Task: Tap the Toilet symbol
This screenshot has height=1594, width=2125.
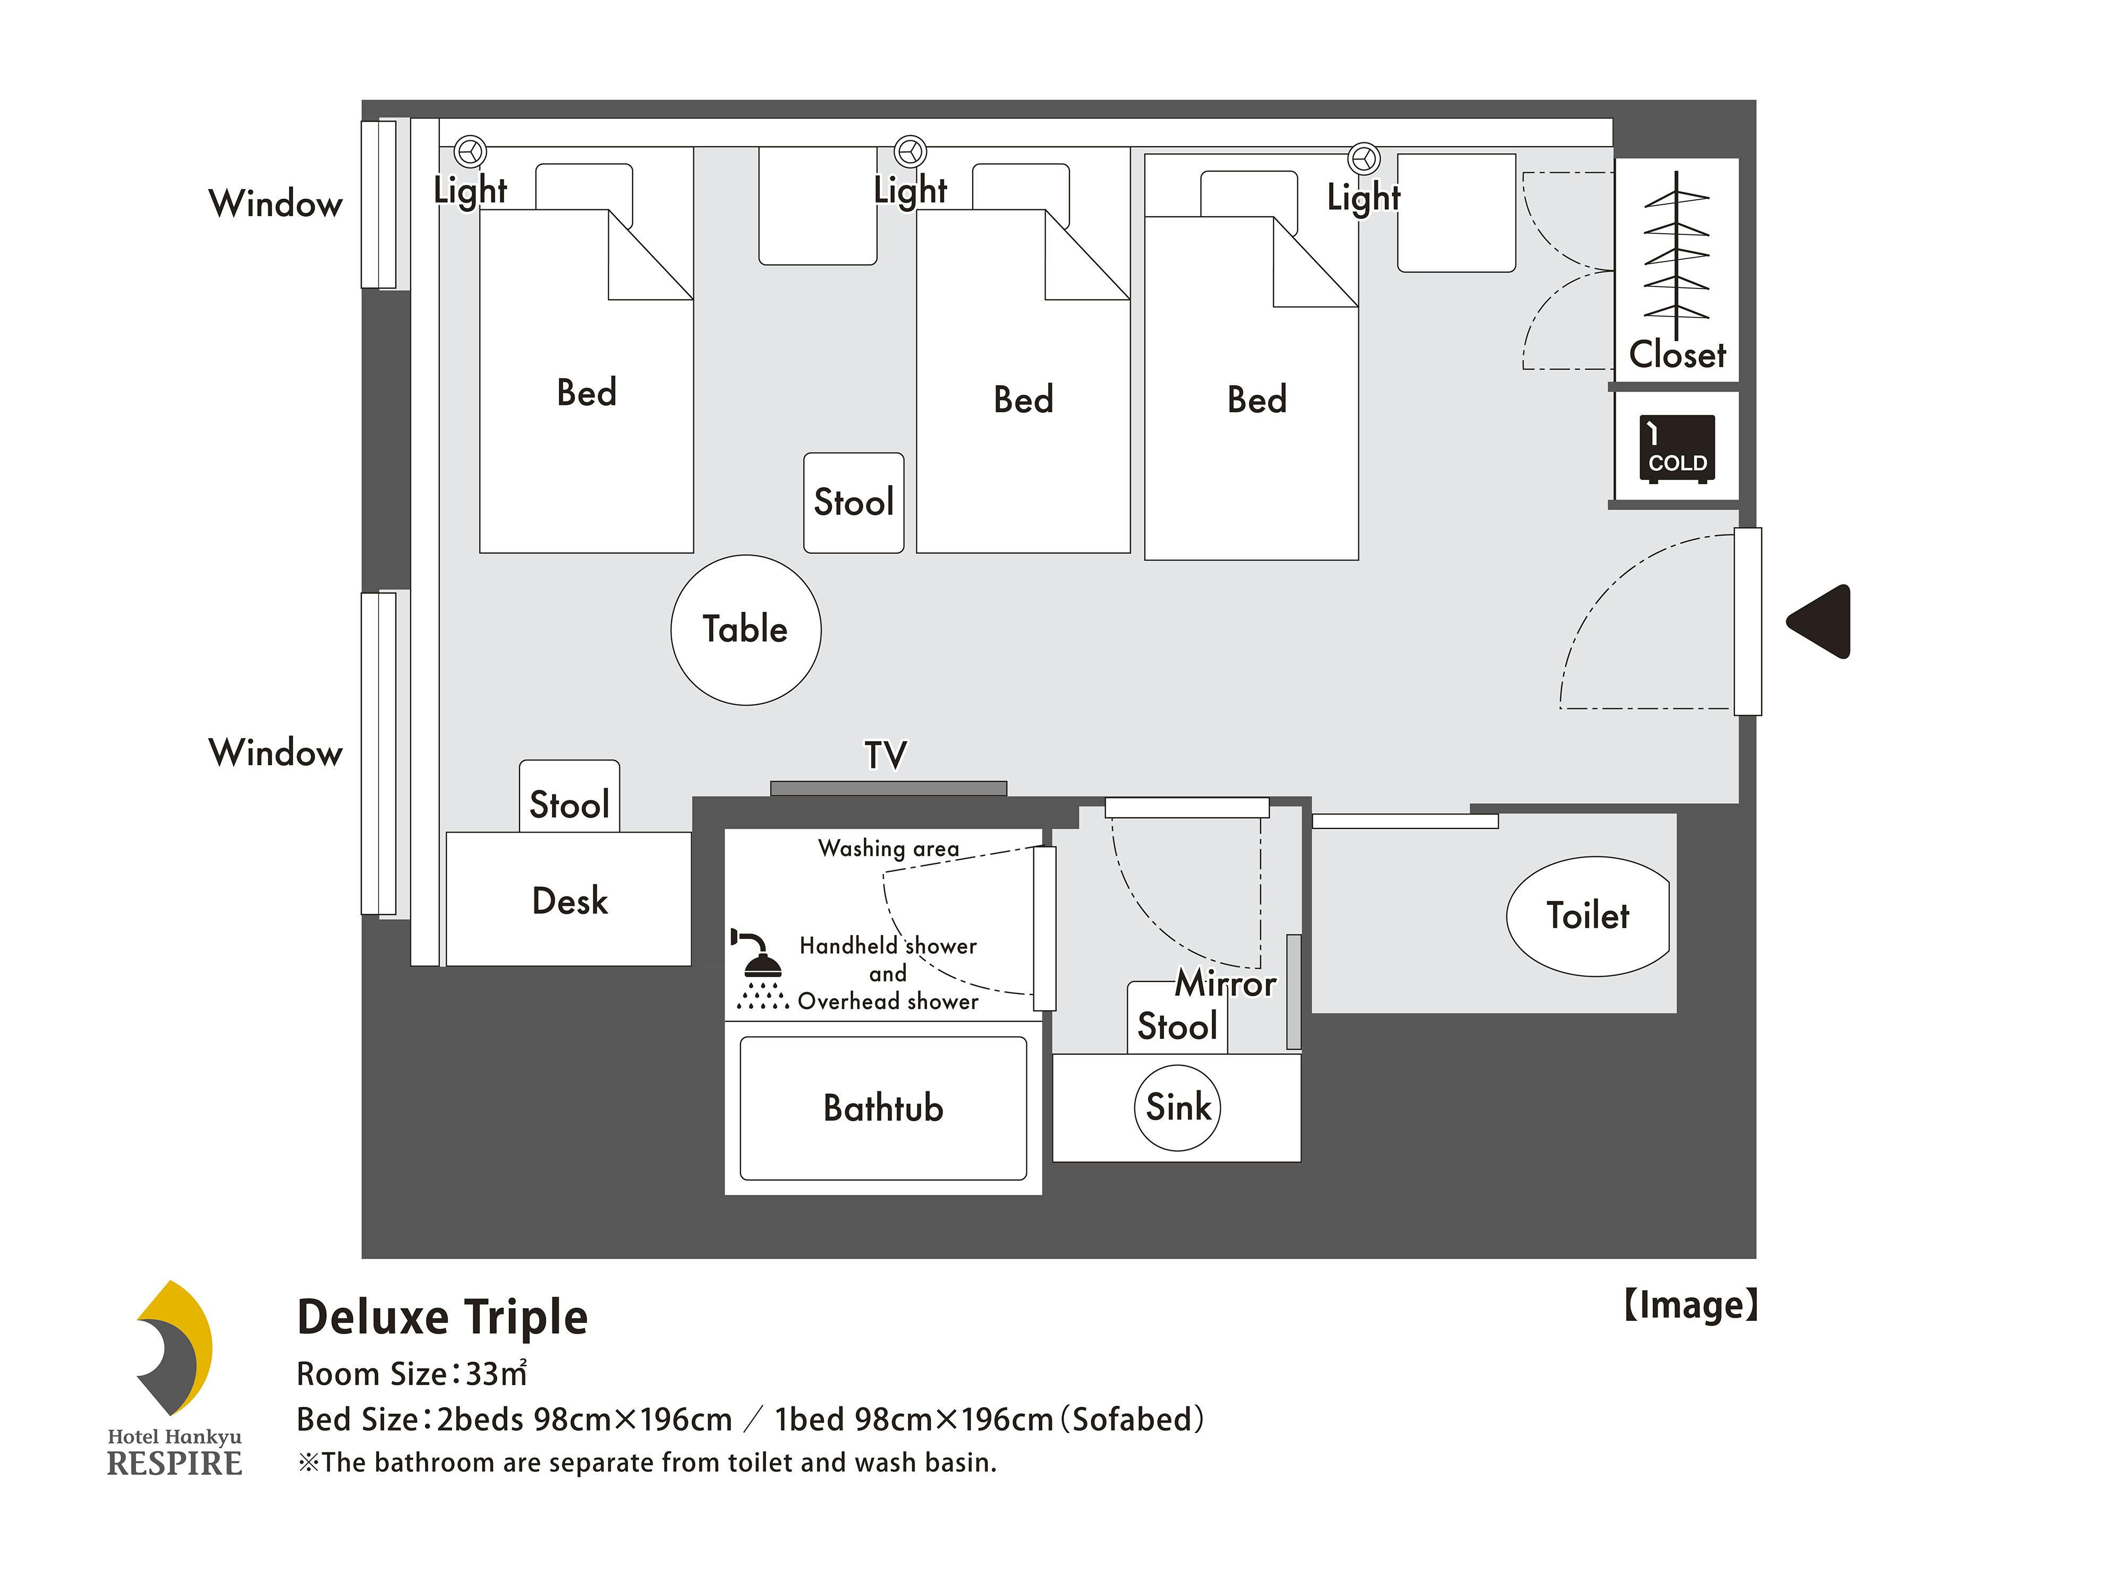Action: pos(1587,915)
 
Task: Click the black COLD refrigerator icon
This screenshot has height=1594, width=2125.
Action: pos(1677,448)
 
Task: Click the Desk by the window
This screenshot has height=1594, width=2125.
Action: pos(569,900)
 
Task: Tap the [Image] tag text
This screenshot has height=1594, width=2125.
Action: pos(1691,1305)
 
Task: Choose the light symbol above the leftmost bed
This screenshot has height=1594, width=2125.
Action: pos(470,151)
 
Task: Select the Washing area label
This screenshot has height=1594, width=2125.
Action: pos(889,849)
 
